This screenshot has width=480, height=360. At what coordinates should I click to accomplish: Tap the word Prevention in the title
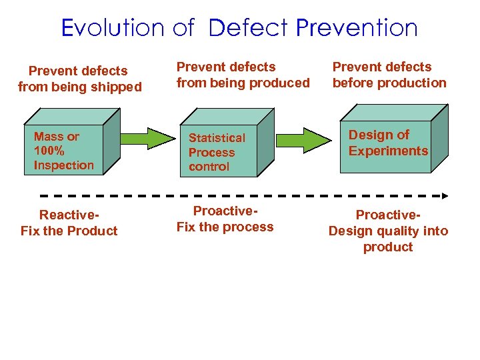357,28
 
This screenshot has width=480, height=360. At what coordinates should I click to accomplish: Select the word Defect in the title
249,28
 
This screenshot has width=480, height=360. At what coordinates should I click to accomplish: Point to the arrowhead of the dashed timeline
445,196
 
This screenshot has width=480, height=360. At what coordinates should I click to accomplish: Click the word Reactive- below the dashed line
69,215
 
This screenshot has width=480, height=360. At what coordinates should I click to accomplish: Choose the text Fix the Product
69,231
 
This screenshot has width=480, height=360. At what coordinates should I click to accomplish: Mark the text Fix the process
225,227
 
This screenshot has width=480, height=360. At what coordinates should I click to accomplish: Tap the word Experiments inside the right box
388,151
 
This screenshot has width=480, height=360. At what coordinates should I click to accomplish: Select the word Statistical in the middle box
217,138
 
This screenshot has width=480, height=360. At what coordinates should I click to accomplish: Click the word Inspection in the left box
64,165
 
